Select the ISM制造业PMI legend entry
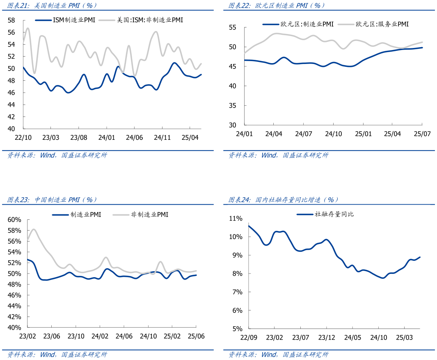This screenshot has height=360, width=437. point(65,20)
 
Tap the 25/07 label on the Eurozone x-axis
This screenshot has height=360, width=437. point(421,134)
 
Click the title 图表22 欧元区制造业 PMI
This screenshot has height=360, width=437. point(277,5)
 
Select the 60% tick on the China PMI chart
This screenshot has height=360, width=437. point(14,220)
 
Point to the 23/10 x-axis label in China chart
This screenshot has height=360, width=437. point(76,336)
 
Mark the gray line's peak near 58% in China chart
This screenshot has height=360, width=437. point(33,230)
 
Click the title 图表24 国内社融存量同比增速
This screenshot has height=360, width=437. point(283,200)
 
